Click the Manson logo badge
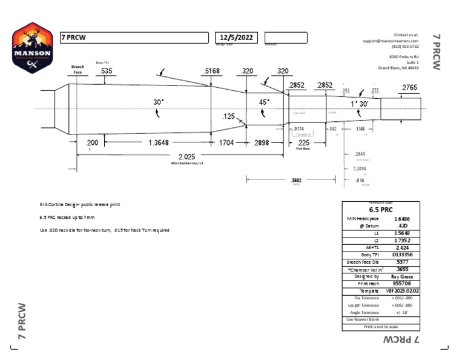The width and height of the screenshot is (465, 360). click(31, 48)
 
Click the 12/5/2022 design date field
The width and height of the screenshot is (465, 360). click(237, 38)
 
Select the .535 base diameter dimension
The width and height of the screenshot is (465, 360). click(107, 71)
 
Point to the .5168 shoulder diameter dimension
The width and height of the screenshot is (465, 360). click(212, 71)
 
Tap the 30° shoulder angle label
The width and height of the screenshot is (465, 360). click(159, 102)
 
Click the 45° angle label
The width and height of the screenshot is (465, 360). click(265, 102)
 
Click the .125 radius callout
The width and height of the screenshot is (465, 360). click(228, 116)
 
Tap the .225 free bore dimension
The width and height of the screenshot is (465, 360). click(303, 142)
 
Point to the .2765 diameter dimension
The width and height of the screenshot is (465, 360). click(409, 88)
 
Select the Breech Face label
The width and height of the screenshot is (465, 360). click(77, 70)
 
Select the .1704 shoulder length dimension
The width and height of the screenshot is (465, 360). click(226, 143)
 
